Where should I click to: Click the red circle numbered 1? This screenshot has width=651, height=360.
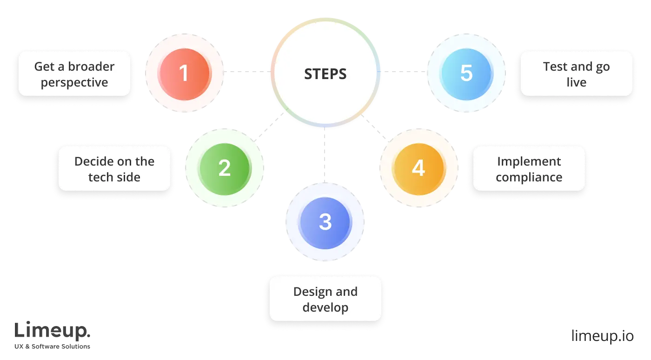click(185, 73)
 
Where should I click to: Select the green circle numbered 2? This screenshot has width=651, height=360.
click(224, 167)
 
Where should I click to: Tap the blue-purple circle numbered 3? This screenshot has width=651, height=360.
click(325, 222)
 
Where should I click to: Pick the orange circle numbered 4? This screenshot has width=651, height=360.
click(418, 167)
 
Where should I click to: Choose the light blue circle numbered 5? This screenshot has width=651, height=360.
click(466, 73)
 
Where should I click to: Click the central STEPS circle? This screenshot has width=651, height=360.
click(325, 73)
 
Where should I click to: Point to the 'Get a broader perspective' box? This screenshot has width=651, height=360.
click(74, 74)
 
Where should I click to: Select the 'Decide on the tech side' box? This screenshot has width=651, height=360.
click(114, 168)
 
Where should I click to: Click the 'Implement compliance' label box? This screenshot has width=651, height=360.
click(529, 168)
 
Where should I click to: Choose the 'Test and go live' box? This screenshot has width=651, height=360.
click(577, 74)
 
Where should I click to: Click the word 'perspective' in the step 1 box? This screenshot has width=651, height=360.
click(74, 83)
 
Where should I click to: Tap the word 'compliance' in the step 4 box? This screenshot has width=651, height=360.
click(529, 177)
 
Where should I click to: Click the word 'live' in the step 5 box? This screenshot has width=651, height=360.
click(577, 83)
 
